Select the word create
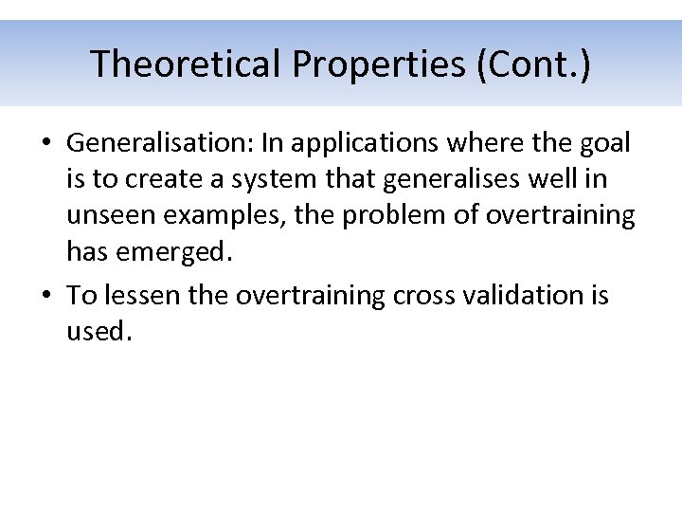pyautogui.click(x=156, y=179)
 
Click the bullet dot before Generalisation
pyautogui.click(x=45, y=144)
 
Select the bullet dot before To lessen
pyautogui.click(x=45, y=296)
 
